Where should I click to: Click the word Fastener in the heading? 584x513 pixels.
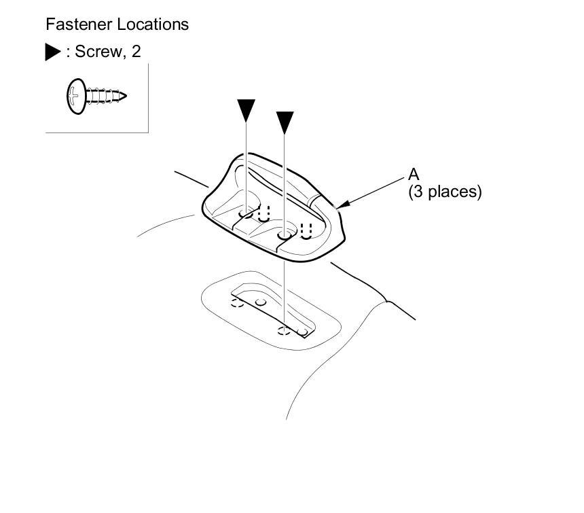coord(73,24)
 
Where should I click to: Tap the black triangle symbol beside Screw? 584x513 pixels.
coord(52,52)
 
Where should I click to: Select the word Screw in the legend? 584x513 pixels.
coord(96,52)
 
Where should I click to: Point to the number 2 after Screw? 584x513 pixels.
coord(136,52)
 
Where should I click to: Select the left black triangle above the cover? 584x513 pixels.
coord(246,109)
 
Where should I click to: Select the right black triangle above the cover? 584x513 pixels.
coord(285,122)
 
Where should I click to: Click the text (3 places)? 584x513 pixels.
coord(445,192)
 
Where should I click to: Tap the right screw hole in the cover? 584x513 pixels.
coord(285,235)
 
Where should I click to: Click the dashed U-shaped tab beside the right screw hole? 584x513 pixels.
coord(306,231)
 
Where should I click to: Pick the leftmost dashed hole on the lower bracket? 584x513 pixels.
coord(237,302)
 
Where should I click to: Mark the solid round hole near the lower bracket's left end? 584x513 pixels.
coord(260,301)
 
